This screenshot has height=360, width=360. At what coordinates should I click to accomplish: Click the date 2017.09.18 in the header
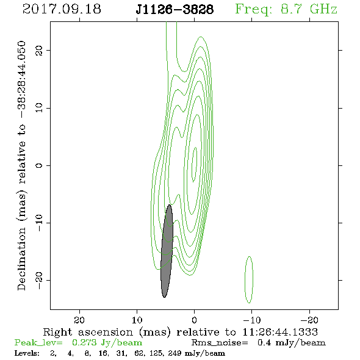pyautogui.click(x=62, y=9)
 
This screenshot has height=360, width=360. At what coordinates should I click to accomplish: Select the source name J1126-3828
pyautogui.click(x=175, y=9)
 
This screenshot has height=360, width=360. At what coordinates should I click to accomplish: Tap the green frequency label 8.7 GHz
pyautogui.click(x=309, y=9)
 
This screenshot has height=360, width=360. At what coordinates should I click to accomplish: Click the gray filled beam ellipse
pyautogui.click(x=167, y=251)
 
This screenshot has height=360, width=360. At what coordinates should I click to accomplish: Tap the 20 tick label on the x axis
pyautogui.click(x=79, y=320)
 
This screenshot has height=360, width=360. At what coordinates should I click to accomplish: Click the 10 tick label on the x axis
pyautogui.click(x=137, y=320)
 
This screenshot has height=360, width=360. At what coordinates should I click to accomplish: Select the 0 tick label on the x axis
pyautogui.click(x=195, y=320)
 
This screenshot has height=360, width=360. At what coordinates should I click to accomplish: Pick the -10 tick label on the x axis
pyautogui.click(x=252, y=320)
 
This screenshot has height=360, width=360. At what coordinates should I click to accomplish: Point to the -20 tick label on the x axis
pyautogui.click(x=309, y=320)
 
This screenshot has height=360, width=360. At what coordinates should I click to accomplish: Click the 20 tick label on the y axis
pyautogui.click(x=39, y=50)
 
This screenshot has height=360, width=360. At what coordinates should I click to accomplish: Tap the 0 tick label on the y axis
pyautogui.click(x=39, y=165)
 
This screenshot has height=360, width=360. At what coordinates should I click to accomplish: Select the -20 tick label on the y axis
pyautogui.click(x=39, y=281)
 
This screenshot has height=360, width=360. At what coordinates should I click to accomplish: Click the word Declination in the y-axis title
pyautogui.click(x=21, y=259)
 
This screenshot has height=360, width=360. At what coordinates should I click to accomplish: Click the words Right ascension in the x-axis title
pyautogui.click(x=88, y=332)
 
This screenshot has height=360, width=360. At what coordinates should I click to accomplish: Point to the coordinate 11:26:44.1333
pyautogui.click(x=280, y=332)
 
